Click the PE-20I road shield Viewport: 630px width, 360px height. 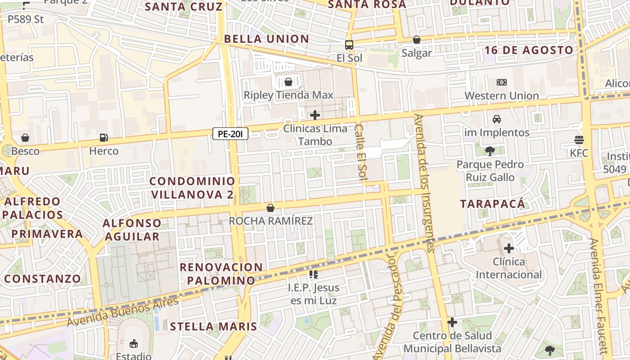pyautogui.click(x=230, y=134)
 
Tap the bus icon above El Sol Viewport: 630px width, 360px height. pyautogui.click(x=349, y=45)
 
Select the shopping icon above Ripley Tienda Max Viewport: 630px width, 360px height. pyautogui.click(x=288, y=82)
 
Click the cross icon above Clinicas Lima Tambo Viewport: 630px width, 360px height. pyautogui.click(x=315, y=115)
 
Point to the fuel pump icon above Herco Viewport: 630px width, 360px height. pyautogui.click(x=103, y=138)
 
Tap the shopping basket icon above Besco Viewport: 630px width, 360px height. pyautogui.click(x=25, y=138)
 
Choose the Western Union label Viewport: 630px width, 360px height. pyautogui.click(x=501, y=96)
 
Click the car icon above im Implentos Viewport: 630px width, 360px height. pyautogui.click(x=497, y=119)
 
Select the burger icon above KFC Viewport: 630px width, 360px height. pyautogui.click(x=579, y=139)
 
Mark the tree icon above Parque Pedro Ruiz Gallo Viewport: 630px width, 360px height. pyautogui.click(x=490, y=151)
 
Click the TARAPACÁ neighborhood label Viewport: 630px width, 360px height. pyautogui.click(x=493, y=204)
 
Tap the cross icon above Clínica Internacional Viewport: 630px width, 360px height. pyautogui.click(x=509, y=248)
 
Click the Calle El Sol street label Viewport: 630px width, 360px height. pyautogui.click(x=361, y=153)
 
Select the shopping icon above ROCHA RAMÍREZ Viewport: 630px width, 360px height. pyautogui.click(x=270, y=208)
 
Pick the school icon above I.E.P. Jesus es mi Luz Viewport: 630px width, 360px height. pyautogui.click(x=314, y=274)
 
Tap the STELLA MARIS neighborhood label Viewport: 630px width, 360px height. pyautogui.click(x=213, y=327)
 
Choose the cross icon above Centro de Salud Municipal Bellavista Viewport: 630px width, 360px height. pyautogui.click(x=452, y=322)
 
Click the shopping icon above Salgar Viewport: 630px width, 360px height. pyautogui.click(x=417, y=40)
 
